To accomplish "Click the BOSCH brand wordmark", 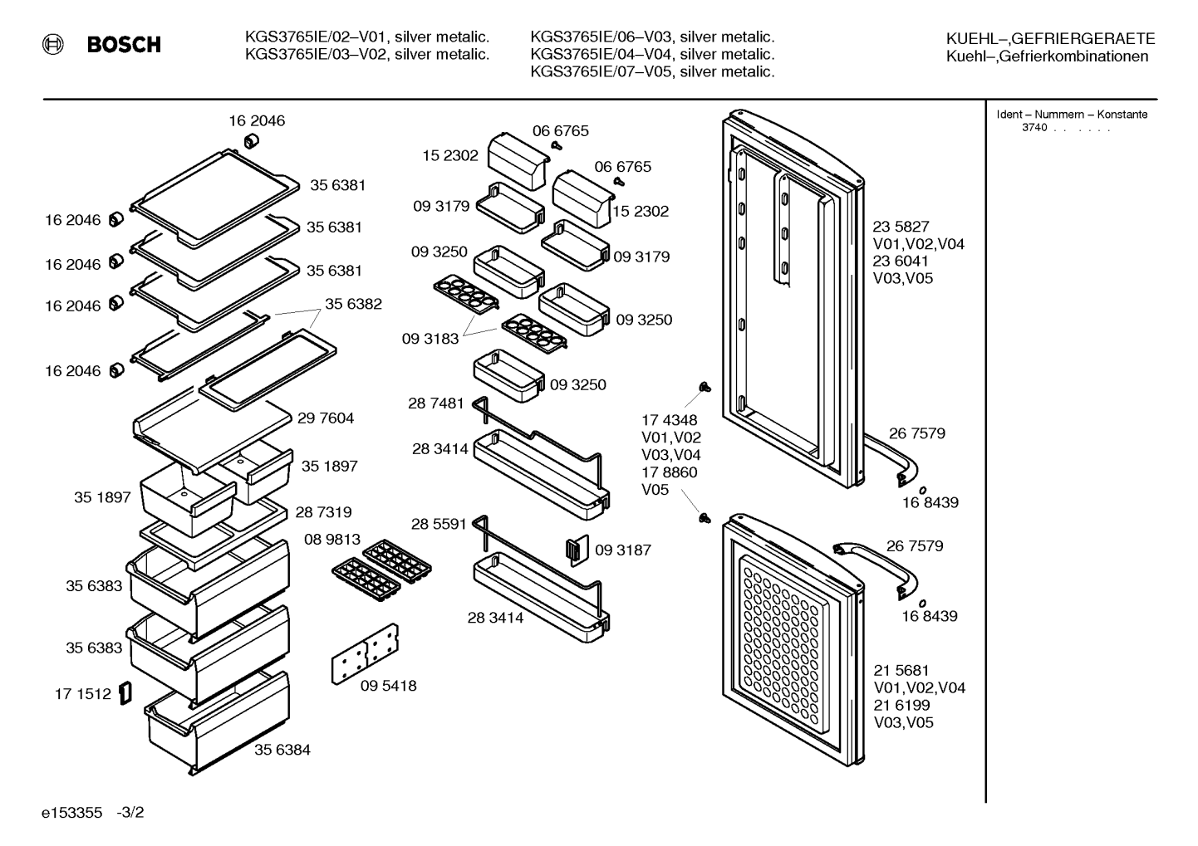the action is pos(124,44).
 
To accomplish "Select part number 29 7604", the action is pos(326,418).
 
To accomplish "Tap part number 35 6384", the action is pos(282,750).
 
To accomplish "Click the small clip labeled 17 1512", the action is pos(125,693).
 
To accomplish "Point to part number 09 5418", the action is pos(388,686).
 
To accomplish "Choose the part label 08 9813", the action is pos(332,540).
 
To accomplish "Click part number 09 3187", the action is pos(623,550).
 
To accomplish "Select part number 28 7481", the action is pos(436,403).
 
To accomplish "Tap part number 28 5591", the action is pos(439,524).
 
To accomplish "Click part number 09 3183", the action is pos(430,339).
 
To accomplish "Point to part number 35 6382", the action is pos(354,304).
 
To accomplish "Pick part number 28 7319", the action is pos(323,512).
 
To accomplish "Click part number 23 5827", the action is pos(901,227).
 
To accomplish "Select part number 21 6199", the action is pos(902,705).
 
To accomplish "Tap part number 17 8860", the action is pos(670,472).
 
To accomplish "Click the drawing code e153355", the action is pos(71,813).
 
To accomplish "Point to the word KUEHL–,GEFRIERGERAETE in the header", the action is pos(1050,38).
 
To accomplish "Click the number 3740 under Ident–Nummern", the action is pos(1034,128).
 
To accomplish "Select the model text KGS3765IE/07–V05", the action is pos(601,71).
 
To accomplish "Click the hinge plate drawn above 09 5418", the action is pos(366,653).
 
